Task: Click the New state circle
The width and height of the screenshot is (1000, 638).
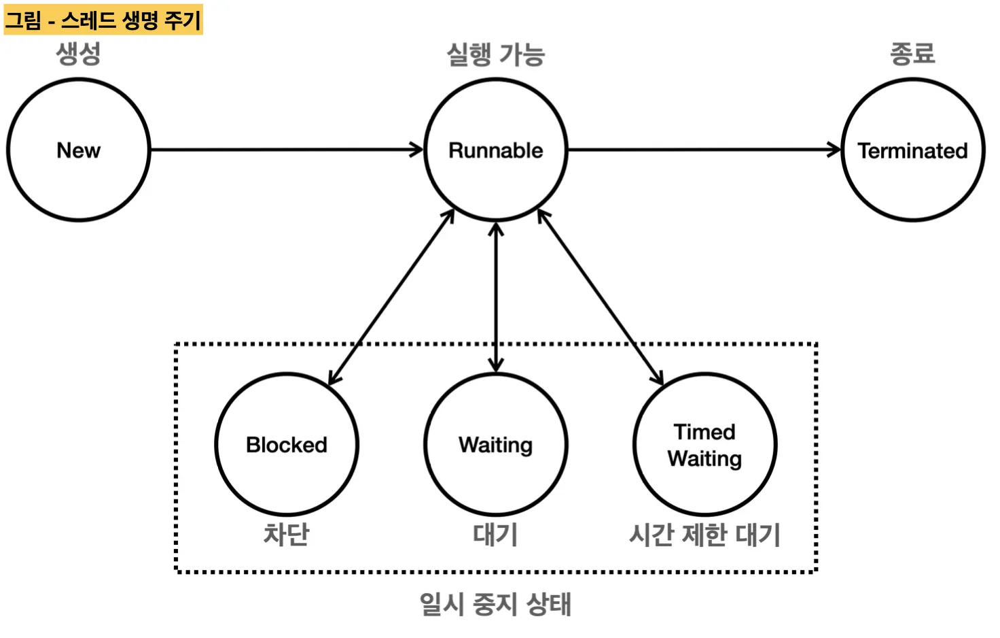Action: [79, 150]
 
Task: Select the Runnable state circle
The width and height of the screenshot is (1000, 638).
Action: [496, 150]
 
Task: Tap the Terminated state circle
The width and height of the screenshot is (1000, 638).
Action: [912, 150]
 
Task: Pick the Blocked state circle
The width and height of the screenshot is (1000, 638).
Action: [287, 444]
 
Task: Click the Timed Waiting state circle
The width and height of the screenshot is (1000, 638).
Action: [704, 444]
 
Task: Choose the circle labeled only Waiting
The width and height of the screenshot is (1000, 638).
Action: [496, 444]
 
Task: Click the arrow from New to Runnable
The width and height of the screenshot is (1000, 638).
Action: [285, 150]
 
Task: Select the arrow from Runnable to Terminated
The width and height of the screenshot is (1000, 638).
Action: [703, 150]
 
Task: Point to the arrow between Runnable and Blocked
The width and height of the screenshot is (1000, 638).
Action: [391, 297]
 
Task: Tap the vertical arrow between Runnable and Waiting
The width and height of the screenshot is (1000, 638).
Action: [496, 297]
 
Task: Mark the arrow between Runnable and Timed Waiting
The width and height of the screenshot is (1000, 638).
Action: [601, 297]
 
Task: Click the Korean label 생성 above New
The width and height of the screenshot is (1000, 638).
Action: [79, 53]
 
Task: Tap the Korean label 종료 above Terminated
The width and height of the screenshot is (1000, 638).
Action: [912, 53]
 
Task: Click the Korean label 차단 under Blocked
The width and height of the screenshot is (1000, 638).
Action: [287, 535]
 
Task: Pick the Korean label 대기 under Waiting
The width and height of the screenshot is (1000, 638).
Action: [496, 535]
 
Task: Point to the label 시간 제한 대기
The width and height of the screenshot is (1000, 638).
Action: [704, 535]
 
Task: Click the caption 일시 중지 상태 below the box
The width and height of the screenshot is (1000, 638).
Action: [496, 604]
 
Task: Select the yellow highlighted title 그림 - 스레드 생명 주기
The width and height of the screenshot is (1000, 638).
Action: [103, 20]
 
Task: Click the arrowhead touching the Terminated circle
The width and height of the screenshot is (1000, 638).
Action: [835, 150]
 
